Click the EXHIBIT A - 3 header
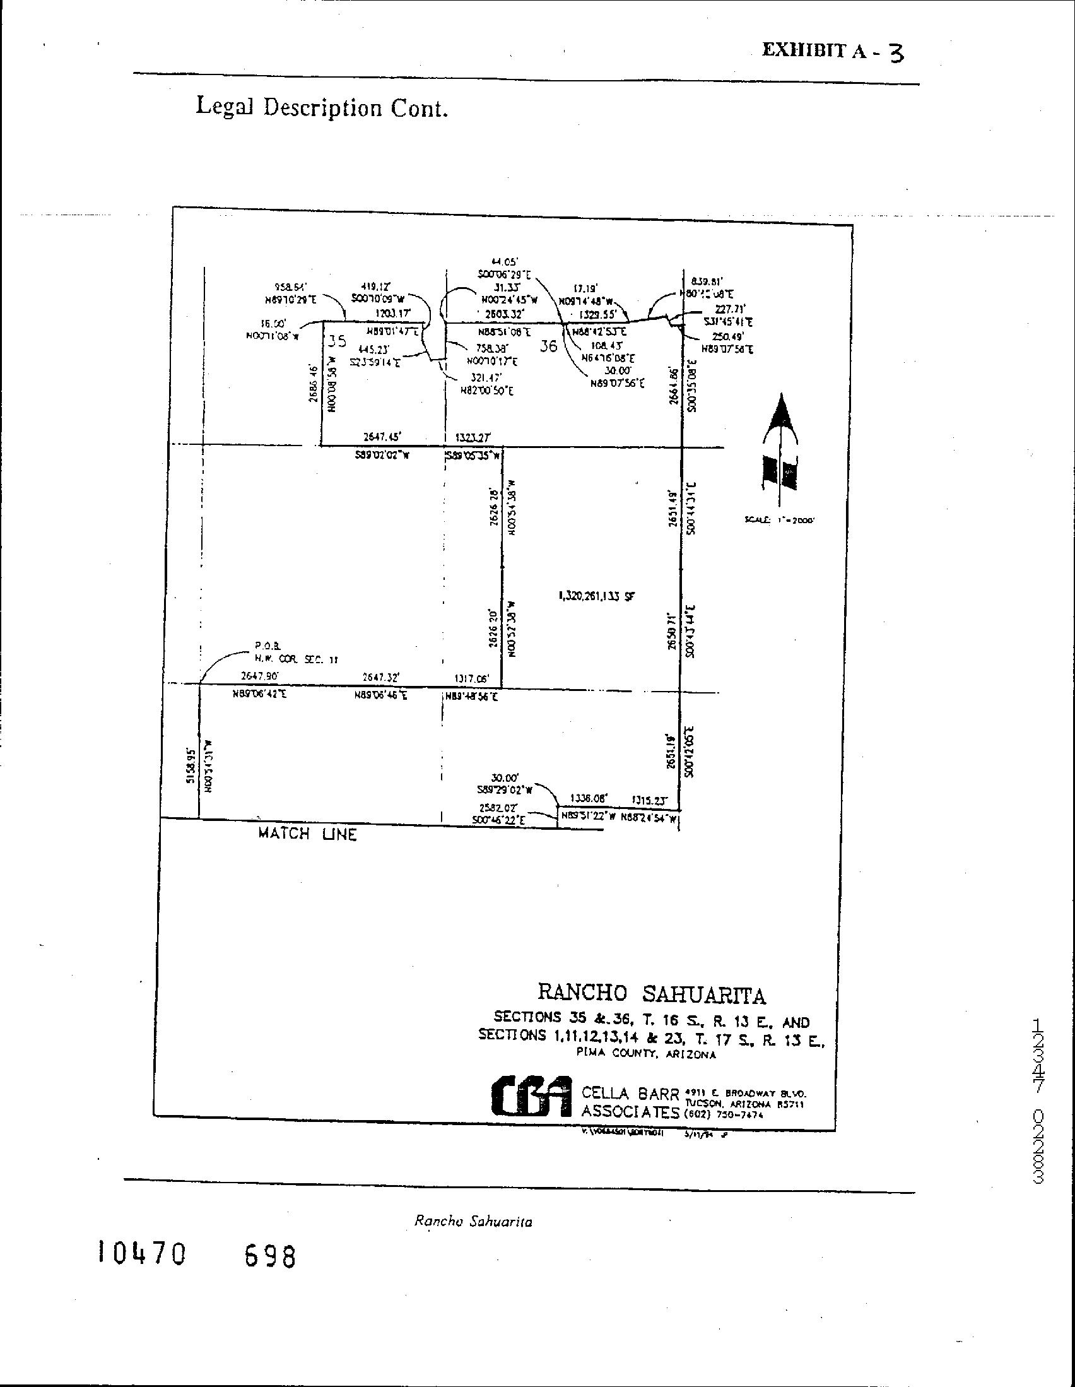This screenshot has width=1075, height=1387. (x=833, y=52)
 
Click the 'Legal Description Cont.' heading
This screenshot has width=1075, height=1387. (x=322, y=107)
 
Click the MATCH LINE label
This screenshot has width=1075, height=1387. (x=307, y=834)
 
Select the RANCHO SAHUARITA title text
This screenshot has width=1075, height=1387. (x=652, y=993)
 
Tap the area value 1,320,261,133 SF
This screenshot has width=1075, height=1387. (x=596, y=596)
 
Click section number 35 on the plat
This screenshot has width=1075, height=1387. (x=337, y=341)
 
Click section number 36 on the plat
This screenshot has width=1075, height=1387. (x=548, y=346)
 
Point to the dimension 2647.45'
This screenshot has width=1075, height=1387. (x=382, y=437)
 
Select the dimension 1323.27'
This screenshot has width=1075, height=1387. (x=473, y=437)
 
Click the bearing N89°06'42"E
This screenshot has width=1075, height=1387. (x=260, y=695)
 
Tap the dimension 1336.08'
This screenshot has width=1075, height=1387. (x=589, y=798)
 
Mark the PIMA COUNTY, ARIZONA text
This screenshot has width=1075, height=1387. (x=647, y=1055)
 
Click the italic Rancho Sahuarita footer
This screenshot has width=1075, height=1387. (x=473, y=1220)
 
